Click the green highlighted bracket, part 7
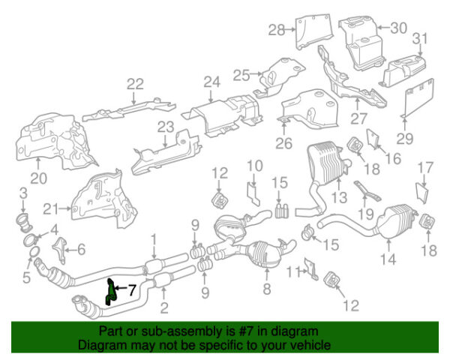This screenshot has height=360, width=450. coord(110,292)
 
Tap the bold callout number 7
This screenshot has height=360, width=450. coord(132,290)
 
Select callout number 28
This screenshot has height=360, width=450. coord(277,30)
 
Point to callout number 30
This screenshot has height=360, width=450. coord(399,28)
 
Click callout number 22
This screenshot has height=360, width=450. coord(135,84)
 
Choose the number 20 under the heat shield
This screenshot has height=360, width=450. coord(39,178)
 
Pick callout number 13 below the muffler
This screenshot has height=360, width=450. coord(339,197)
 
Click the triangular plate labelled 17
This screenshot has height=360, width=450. coord(422,193)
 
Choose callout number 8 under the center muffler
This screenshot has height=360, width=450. coord(266,288)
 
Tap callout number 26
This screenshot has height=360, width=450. coord(283,143)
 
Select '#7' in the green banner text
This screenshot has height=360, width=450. coord(245,331)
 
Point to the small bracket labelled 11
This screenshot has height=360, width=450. coord(311,269)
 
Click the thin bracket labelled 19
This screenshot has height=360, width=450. coord(367,191)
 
